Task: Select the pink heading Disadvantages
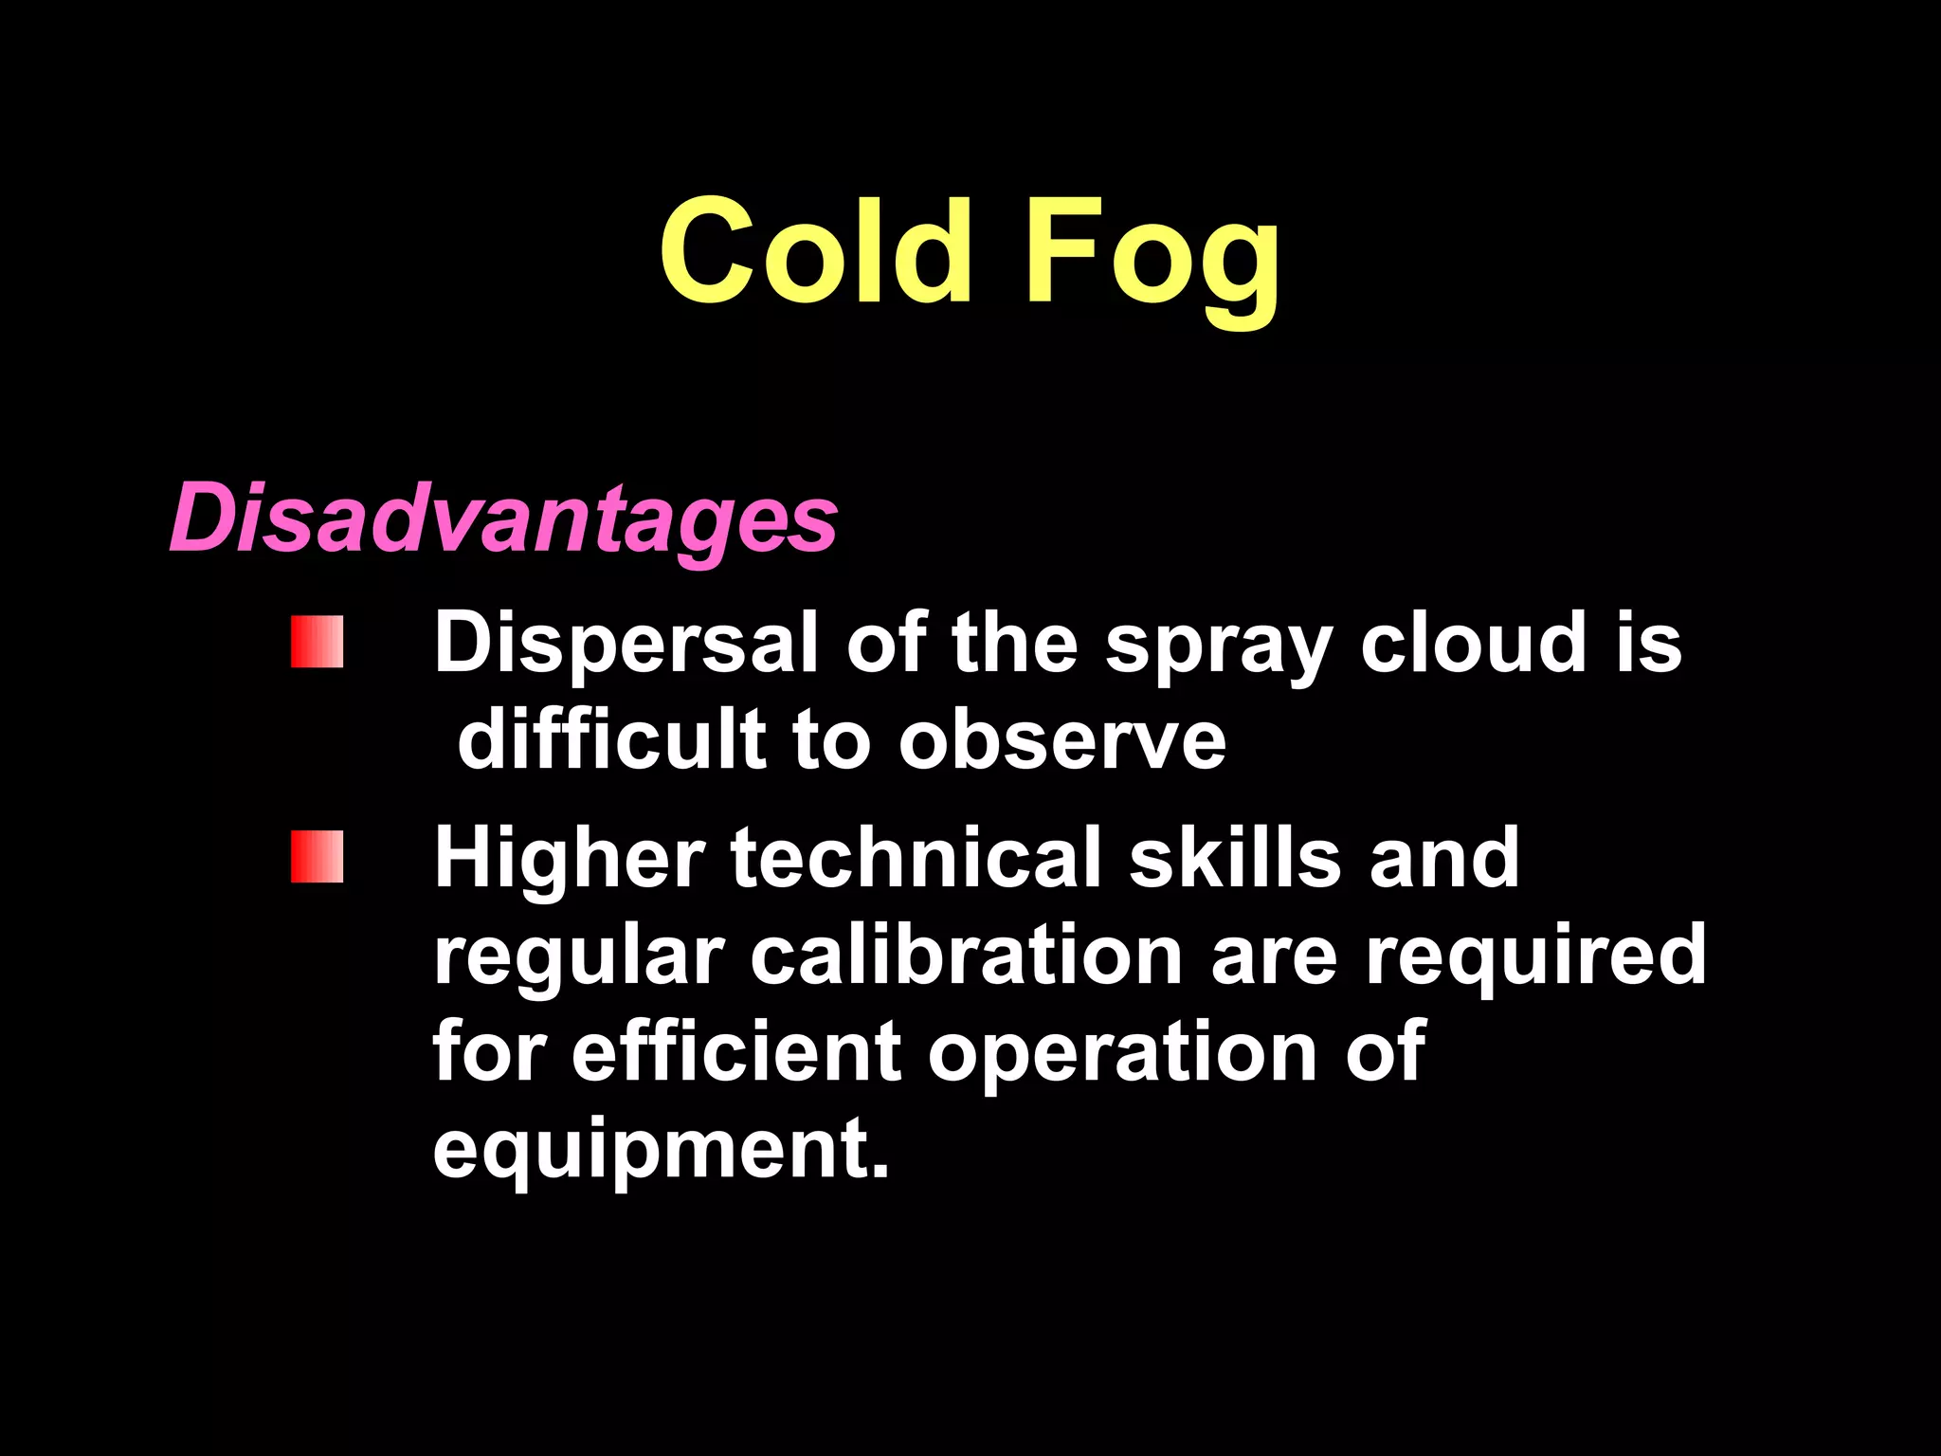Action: (x=503, y=519)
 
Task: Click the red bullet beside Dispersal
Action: (x=317, y=642)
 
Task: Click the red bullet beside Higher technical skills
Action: (x=317, y=857)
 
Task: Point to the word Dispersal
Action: (x=626, y=645)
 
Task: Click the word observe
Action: (x=1062, y=741)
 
